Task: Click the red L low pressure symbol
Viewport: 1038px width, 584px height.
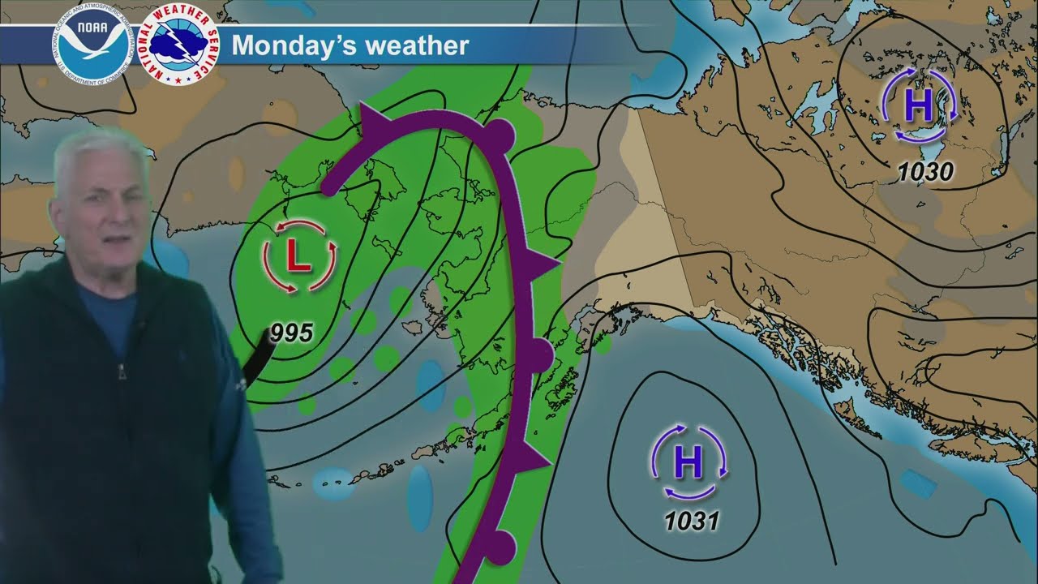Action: (x=298, y=257)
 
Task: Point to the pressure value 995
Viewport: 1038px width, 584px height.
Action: (x=292, y=332)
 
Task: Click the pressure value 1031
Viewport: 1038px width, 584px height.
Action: (x=692, y=520)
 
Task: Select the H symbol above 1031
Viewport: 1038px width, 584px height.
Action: (x=688, y=463)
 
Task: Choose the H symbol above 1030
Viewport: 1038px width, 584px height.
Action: (x=919, y=105)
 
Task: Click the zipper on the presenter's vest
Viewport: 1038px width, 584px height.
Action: (x=122, y=373)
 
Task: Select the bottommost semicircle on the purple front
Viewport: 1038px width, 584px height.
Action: (x=500, y=546)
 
